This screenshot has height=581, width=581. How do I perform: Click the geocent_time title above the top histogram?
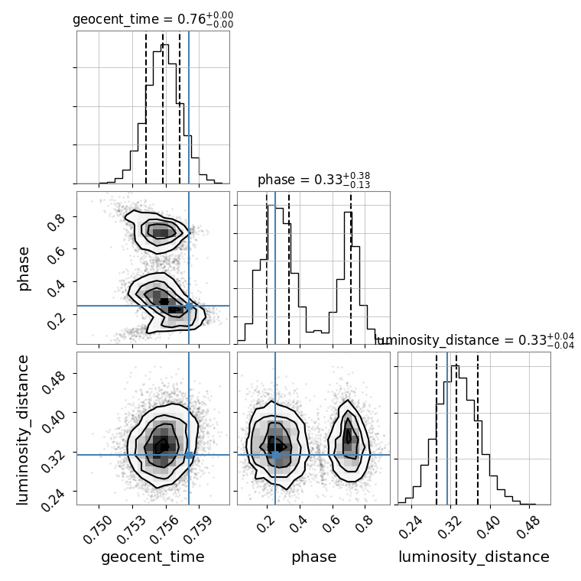tap(153, 20)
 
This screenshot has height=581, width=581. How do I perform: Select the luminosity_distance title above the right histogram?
tap(475, 340)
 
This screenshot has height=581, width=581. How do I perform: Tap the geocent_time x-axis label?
tap(153, 557)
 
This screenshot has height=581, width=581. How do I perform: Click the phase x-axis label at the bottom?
tap(313, 557)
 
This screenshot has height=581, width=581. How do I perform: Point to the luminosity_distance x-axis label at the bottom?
tap(474, 557)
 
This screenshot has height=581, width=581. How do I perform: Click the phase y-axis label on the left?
tap(24, 268)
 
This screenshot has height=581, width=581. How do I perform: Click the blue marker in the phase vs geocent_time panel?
tap(189, 306)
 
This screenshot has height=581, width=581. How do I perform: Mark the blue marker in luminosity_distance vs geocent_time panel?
tap(189, 455)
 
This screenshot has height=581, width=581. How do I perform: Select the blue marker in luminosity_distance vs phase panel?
tap(275, 455)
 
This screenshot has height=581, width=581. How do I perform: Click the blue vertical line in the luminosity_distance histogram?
tap(447, 428)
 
